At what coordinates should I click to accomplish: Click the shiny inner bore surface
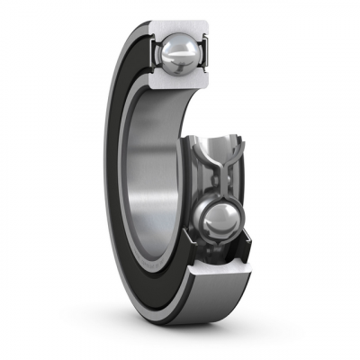tap(153, 180)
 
